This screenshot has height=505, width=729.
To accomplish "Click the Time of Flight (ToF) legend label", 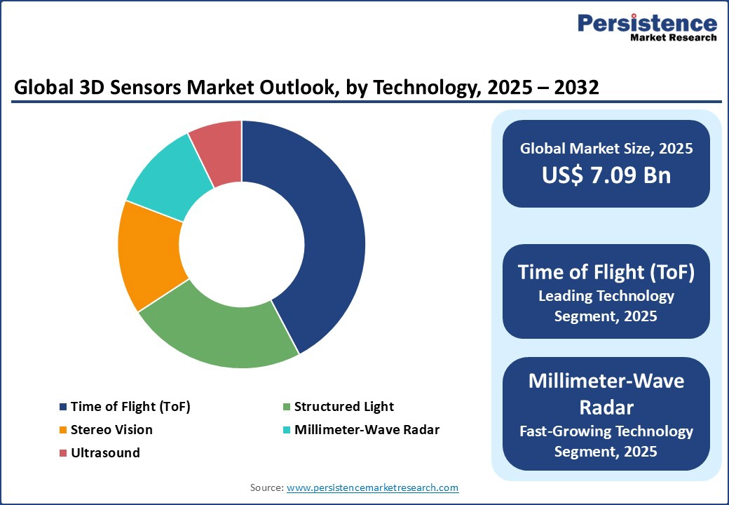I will coord(130,407).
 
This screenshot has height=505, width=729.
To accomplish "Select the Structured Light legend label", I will coord(343,407).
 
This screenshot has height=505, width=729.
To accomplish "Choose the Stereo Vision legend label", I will coord(111,430).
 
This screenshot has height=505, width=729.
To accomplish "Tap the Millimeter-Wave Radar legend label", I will coord(367,430).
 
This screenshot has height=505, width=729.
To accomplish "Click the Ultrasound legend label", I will coord(105,453).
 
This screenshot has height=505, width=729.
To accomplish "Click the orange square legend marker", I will coord(64,430).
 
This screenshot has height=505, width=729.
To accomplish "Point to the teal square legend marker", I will coord(287,430).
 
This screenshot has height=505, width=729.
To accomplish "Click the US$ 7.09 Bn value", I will coord(606,175).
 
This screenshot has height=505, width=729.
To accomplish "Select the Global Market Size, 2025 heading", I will coord(606,149).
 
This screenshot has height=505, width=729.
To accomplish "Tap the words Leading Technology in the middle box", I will coord(606,296).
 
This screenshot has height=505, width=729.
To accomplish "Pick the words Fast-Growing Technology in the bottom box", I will coord(606,431).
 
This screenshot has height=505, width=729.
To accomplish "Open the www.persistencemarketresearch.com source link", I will coord(372,487).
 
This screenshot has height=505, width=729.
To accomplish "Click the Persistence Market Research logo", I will coord(646,28).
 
